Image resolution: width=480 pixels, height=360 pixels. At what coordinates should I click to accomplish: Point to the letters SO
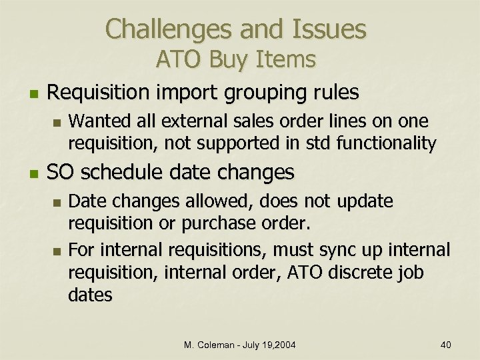59,173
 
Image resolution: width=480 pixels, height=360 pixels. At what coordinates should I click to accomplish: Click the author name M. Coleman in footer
211,345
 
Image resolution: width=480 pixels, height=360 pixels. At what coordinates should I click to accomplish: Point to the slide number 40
446,345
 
